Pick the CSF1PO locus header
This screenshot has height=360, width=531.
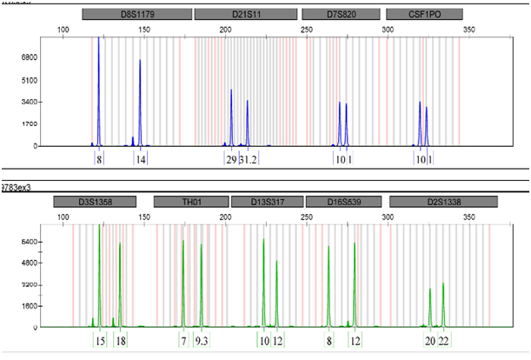tap(423, 15)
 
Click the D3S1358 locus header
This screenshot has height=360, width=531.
tap(95, 202)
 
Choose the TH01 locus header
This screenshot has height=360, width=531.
tap(190, 202)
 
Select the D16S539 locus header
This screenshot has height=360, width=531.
tap(343, 202)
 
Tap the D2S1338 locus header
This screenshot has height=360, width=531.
tap(443, 202)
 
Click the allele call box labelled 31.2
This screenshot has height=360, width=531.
tap(248, 159)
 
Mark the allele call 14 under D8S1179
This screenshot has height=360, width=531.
tap(140, 159)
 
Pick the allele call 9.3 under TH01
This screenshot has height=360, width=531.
tap(202, 341)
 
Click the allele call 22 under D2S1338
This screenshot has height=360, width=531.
tap(443, 341)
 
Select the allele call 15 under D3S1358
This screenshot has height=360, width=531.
tap(101, 341)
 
